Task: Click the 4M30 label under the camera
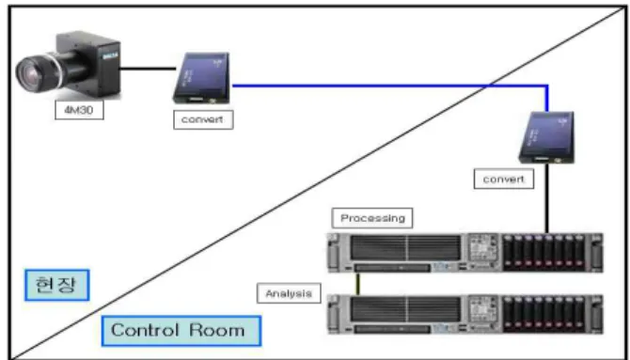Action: [79, 110]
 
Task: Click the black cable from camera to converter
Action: [148, 69]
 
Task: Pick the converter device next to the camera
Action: [201, 78]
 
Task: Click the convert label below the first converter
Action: [203, 119]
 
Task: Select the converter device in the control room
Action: [546, 137]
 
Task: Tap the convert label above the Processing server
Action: [504, 180]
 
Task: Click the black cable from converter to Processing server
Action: [546, 198]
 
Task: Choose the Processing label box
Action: [372, 218]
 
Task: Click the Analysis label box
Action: [289, 293]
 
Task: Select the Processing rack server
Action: [465, 253]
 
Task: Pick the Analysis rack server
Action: [465, 315]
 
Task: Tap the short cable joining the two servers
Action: [358, 284]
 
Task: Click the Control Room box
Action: [181, 331]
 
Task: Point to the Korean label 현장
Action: [57, 285]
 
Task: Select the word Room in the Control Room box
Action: [216, 330]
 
